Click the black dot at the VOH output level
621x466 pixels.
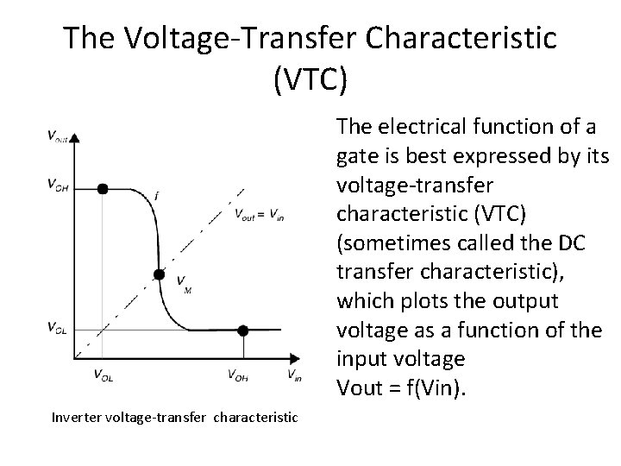103,188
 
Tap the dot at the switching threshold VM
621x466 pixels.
159,275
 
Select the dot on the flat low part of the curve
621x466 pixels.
243,330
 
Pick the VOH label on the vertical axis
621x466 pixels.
59,185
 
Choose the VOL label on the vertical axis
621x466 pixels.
58,327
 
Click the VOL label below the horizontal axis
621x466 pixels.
102,374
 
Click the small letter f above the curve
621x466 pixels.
157,195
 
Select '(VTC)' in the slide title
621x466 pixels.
310,79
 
